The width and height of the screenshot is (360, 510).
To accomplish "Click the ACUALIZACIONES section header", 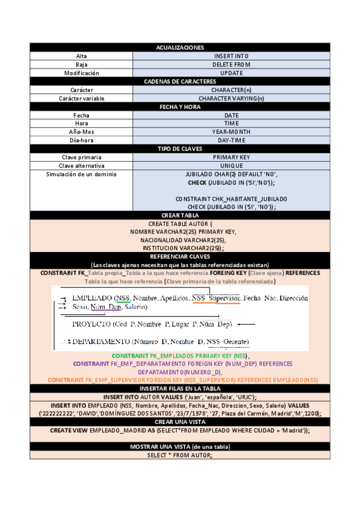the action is [180, 48].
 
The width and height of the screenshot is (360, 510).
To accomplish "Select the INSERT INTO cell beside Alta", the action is [231, 56].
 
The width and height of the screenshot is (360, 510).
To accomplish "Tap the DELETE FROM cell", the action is [231, 64].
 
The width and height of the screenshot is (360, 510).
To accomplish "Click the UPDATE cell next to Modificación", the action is [231, 73].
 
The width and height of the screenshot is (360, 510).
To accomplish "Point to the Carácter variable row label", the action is [81, 98].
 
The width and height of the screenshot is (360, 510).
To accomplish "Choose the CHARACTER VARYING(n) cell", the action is [231, 98].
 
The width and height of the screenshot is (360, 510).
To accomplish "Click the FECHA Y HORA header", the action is [180, 106].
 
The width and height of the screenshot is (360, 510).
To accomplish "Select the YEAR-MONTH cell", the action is [231, 132].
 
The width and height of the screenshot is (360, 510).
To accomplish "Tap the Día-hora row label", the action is [81, 140].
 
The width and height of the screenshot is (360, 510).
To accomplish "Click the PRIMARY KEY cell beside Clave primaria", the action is [231, 157].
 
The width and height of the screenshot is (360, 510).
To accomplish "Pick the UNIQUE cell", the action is [231, 165].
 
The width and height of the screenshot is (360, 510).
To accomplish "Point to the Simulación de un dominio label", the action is [81, 174].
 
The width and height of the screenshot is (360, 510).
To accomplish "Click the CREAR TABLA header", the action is [180, 215].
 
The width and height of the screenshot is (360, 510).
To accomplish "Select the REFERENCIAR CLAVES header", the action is [180, 256].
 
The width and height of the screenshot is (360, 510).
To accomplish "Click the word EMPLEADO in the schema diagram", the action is [92, 298].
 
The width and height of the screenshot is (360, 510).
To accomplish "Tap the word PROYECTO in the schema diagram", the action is [91, 324].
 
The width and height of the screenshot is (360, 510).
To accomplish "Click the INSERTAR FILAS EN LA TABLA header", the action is [180, 389].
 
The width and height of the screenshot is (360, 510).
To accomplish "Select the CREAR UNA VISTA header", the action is [180, 422].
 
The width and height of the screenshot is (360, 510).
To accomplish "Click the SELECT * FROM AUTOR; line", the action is [180, 455].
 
